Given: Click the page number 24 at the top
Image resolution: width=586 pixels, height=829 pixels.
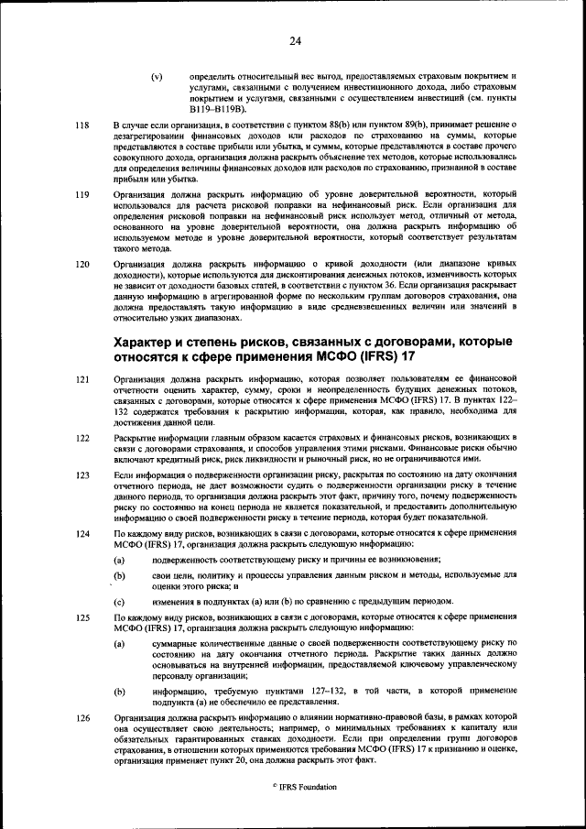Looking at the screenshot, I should pos(295,40).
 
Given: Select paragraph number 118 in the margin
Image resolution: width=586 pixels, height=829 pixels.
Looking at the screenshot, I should pos(82,125).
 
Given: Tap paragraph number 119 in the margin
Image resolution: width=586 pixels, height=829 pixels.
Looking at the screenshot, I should pos(82,194).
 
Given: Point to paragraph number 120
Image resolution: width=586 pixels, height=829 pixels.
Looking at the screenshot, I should pos(82,264).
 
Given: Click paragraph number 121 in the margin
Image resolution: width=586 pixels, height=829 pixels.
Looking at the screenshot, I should pos(82,377).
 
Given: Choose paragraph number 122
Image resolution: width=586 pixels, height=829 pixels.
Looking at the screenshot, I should pos(82,438).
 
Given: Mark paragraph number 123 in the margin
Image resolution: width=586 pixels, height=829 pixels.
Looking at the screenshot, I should pos(82,475).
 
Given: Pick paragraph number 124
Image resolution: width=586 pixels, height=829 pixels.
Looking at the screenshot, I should pos(82,533).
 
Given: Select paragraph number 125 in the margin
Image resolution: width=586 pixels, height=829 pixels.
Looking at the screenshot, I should pos(82,618).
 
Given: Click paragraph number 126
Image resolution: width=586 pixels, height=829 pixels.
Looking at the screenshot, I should pos(82,718).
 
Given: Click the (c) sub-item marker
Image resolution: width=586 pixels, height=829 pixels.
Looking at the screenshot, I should pos(119,602).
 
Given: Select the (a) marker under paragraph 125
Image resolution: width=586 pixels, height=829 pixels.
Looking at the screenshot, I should pos(119,644).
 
